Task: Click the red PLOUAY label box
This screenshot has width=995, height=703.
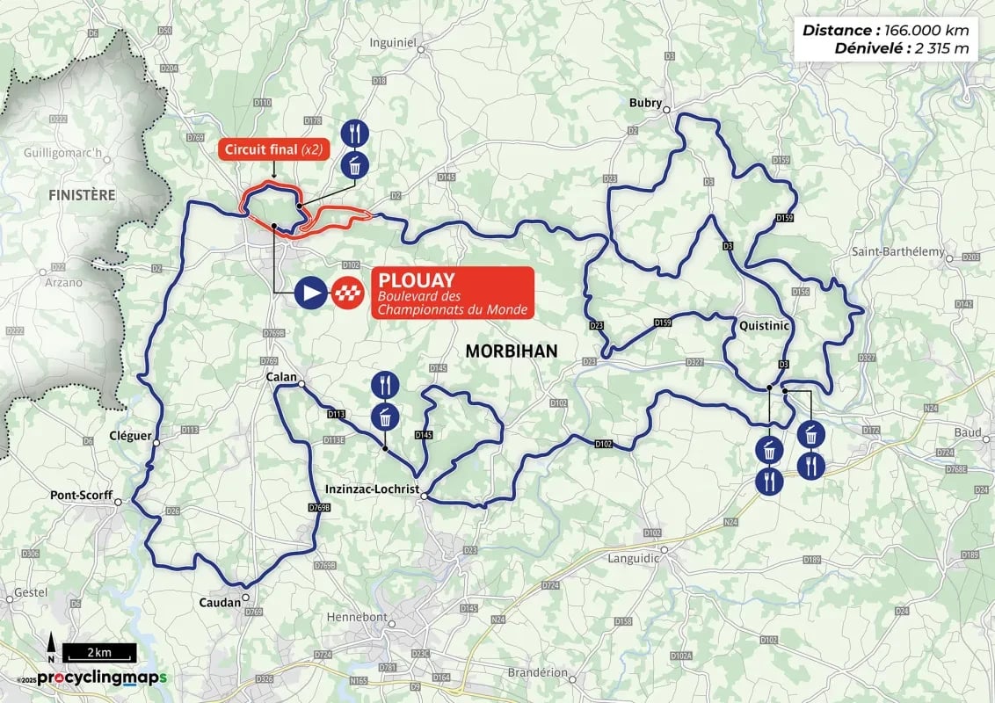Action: (x=452, y=292)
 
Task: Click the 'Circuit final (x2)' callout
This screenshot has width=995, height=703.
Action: (x=272, y=149)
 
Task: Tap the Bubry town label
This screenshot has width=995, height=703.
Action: (x=644, y=103)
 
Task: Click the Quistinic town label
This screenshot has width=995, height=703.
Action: (x=764, y=325)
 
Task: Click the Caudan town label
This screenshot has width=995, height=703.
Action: (x=221, y=603)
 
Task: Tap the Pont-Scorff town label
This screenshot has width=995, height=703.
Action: (x=81, y=495)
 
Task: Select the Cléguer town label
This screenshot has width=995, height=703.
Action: (x=130, y=435)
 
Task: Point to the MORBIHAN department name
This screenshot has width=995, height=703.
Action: (x=512, y=351)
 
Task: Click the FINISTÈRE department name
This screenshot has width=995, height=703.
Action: (x=82, y=194)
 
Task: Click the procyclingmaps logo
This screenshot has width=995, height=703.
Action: (x=101, y=678)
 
